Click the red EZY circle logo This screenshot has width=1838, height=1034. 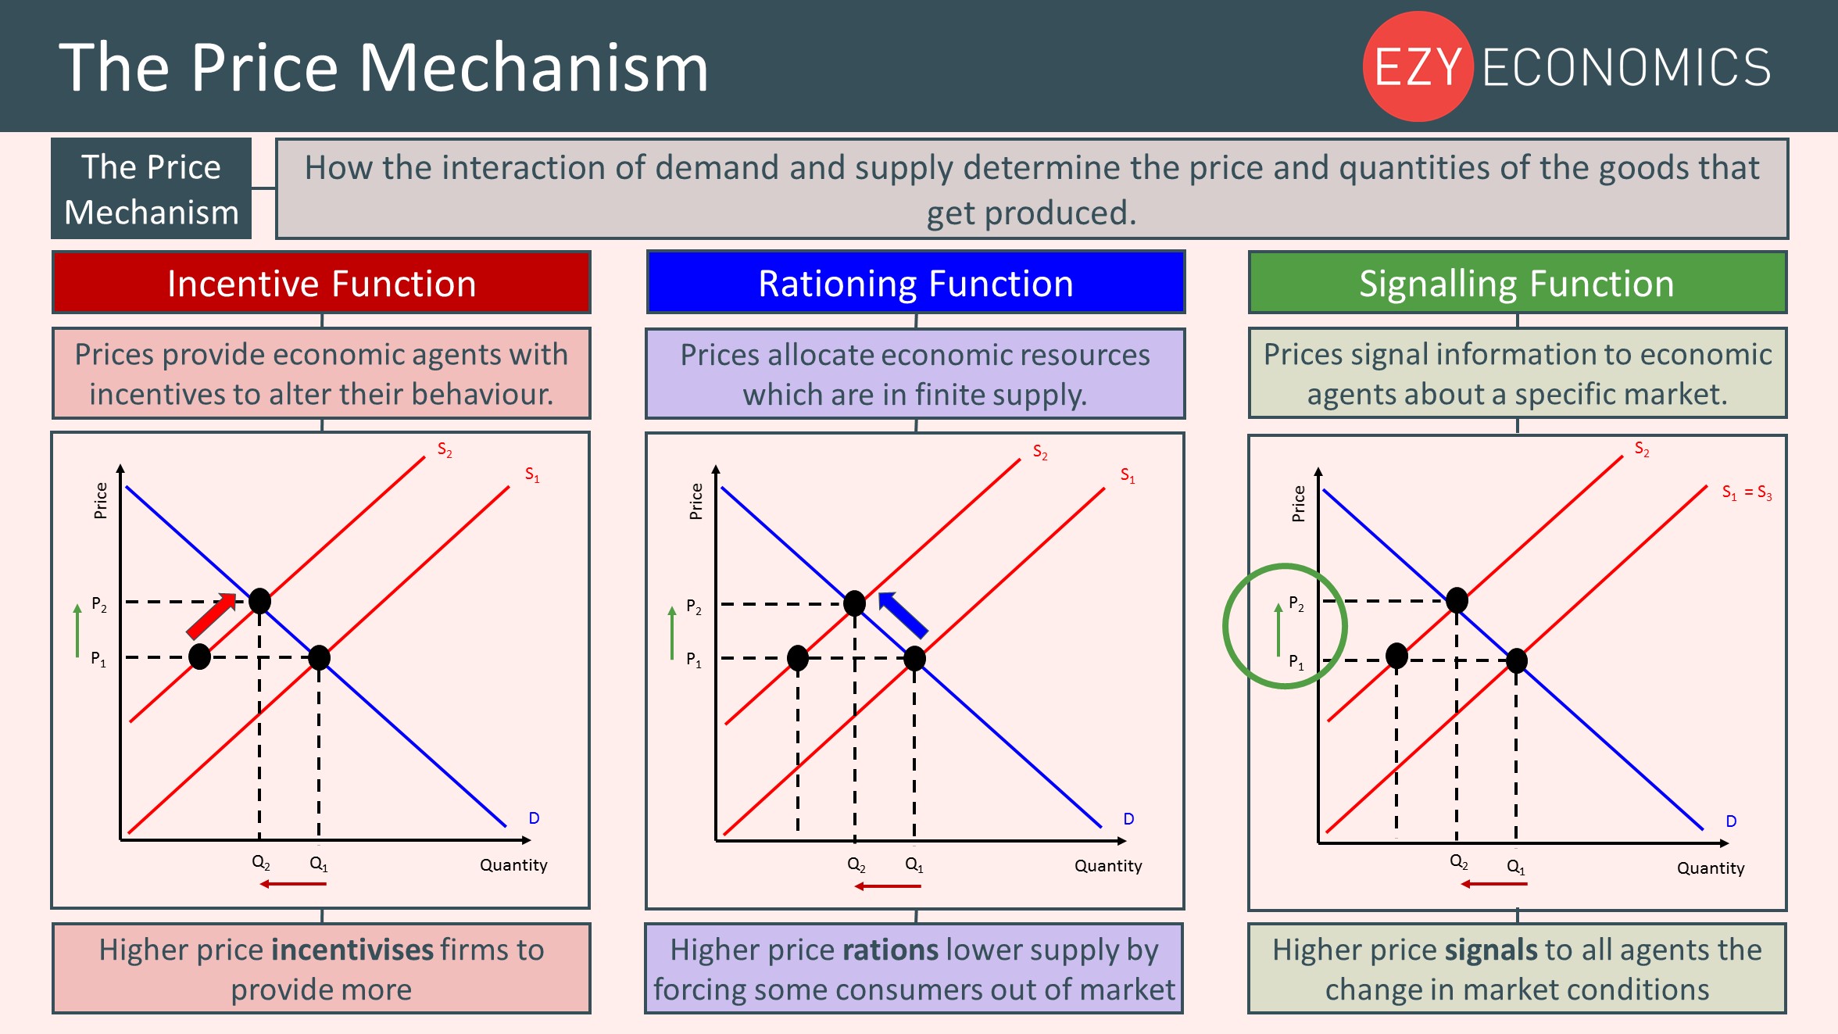point(1418,66)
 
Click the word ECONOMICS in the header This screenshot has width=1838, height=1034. point(1625,67)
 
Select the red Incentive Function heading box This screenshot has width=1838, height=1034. point(321,283)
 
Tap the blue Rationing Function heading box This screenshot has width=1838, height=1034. point(915,283)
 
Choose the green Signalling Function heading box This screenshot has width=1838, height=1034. point(1517,283)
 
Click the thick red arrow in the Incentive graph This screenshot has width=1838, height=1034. point(211,615)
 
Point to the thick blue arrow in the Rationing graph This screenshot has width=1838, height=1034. point(903,614)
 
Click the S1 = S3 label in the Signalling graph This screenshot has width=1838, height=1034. point(1747,492)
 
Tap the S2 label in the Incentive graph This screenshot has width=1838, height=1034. point(445,450)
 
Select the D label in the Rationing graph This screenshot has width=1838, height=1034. point(1128,819)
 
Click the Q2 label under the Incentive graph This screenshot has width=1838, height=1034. point(261,863)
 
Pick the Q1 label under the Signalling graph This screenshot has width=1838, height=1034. point(1515,867)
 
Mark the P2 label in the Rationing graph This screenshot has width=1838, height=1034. point(694,606)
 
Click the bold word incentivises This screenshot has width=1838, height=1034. point(352,950)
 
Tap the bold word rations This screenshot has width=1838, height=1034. point(890,950)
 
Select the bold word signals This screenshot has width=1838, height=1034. point(1491,950)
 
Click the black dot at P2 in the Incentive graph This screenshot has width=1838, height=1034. point(259,600)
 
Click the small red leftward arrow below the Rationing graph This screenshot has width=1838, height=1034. point(888,886)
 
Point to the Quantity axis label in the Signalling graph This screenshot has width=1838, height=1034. point(1711,868)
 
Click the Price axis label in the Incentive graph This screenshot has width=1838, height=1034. point(101,500)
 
